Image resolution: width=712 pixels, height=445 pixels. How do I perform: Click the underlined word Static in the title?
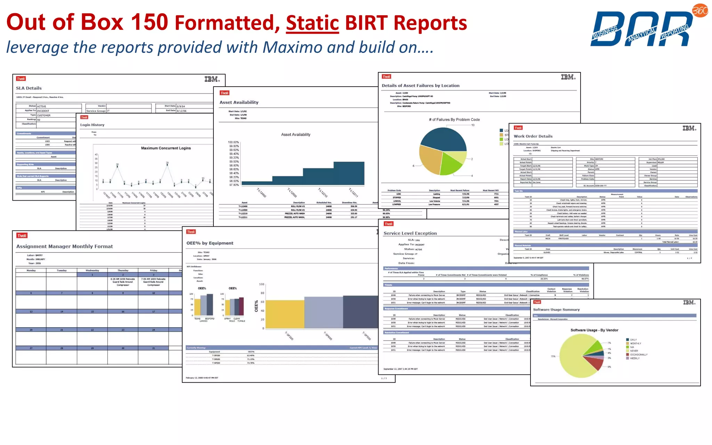tap(312, 23)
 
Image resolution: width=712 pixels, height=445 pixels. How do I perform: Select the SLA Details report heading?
tap(29, 88)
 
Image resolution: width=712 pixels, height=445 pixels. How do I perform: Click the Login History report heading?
tap(92, 125)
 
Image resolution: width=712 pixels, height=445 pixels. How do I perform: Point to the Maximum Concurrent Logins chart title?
tap(166, 148)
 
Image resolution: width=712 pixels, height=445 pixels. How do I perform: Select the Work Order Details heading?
tap(533, 136)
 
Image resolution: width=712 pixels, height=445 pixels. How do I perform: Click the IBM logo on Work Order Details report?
tap(689, 128)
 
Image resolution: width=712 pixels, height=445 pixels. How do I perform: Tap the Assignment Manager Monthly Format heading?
tap(65, 246)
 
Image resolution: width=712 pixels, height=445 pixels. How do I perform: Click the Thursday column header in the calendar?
tap(123, 270)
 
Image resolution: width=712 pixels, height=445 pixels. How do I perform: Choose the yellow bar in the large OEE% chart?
tap(285, 314)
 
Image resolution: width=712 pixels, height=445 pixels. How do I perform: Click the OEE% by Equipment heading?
tap(210, 243)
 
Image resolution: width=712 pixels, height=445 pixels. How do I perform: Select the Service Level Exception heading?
tap(410, 233)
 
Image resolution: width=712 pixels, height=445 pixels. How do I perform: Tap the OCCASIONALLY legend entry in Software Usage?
tap(638, 355)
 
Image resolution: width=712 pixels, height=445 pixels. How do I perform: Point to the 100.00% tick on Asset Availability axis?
tap(233, 142)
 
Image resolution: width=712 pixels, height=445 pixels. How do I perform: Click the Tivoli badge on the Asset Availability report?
tap(225, 93)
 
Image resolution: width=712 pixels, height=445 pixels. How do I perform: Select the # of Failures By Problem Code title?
tap(454, 120)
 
